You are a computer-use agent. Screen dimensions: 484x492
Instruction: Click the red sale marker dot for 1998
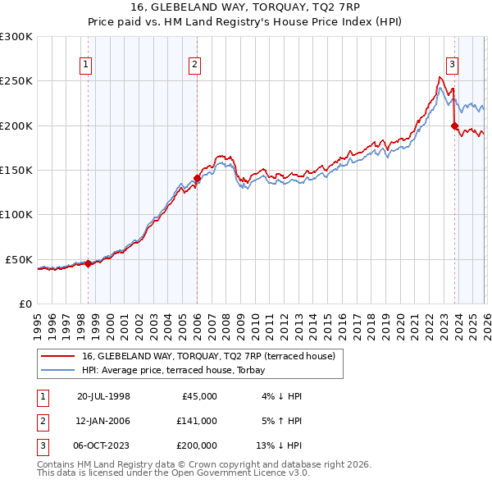click(89, 263)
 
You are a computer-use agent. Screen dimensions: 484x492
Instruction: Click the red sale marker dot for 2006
click(197, 178)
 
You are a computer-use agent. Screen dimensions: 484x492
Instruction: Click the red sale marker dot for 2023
click(454, 126)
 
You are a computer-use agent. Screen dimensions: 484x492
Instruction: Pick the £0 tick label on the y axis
click(25, 304)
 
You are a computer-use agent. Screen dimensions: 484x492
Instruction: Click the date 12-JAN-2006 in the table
click(103, 421)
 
